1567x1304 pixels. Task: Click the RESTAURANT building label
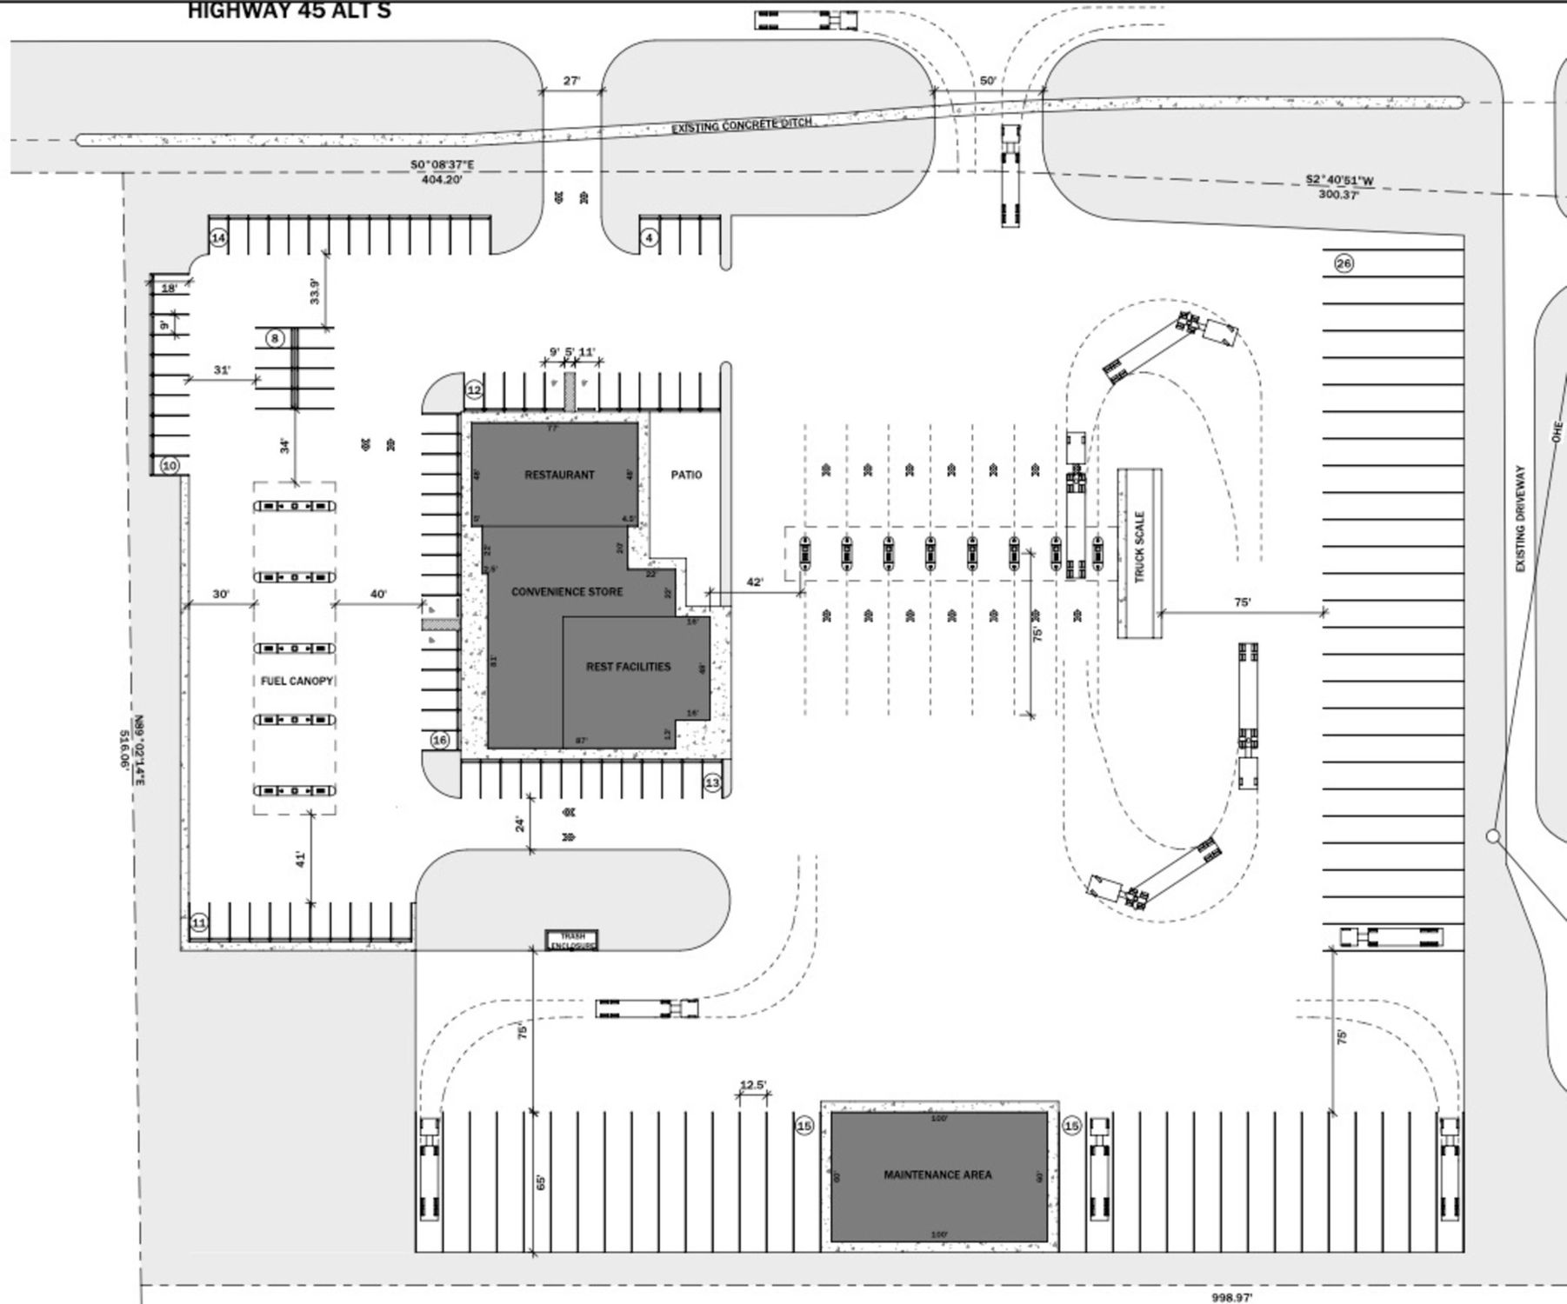click(x=559, y=475)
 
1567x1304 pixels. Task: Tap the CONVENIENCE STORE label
click(x=567, y=592)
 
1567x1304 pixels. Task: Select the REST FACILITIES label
click(x=628, y=667)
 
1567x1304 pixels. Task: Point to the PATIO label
click(x=686, y=475)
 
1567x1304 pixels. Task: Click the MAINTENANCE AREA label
click(x=937, y=1174)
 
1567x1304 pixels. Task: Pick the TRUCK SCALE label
click(x=1139, y=547)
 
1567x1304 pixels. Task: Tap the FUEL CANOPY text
click(x=297, y=681)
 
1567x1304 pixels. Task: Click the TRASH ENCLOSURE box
click(x=572, y=941)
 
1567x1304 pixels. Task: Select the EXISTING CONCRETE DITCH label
click(x=742, y=125)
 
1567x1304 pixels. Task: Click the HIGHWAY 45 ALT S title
click(x=289, y=11)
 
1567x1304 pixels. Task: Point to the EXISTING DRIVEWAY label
click(x=1520, y=519)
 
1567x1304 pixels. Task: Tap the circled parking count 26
click(x=1344, y=263)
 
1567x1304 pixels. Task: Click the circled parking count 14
click(x=218, y=237)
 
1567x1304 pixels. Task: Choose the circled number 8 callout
click(x=275, y=338)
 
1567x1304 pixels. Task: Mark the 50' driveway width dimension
click(x=988, y=81)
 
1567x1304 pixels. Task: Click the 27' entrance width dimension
click(x=570, y=81)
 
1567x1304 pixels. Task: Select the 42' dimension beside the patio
click(x=755, y=582)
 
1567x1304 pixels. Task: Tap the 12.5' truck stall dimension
click(x=753, y=1084)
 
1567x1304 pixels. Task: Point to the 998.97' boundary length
click(x=1233, y=1297)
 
